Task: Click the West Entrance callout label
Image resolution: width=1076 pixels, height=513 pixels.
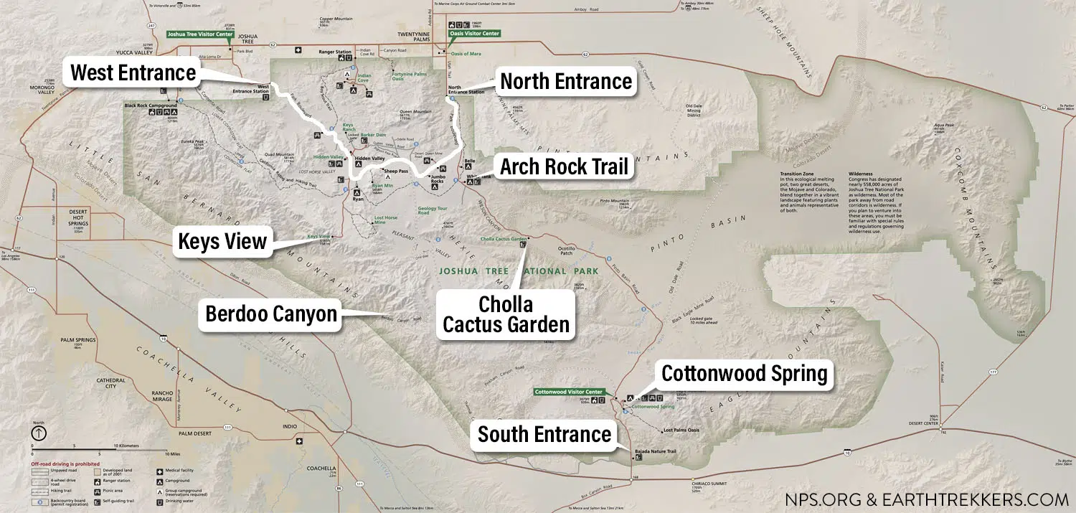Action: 133,73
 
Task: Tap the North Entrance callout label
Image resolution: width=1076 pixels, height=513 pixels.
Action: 566,81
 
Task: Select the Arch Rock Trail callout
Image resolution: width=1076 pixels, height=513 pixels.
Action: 564,167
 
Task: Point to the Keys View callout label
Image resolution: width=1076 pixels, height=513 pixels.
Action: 222,242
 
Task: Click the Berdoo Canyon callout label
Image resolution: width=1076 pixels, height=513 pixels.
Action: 271,314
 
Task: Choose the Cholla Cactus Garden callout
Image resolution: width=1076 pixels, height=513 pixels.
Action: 506,314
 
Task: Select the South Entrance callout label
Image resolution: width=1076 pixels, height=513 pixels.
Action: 544,434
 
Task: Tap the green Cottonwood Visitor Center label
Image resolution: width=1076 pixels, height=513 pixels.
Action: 570,392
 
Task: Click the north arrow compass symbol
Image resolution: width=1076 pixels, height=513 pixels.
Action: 38,433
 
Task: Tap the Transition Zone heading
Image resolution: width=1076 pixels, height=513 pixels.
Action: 797,174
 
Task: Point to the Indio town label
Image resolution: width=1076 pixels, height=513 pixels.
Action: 290,426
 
